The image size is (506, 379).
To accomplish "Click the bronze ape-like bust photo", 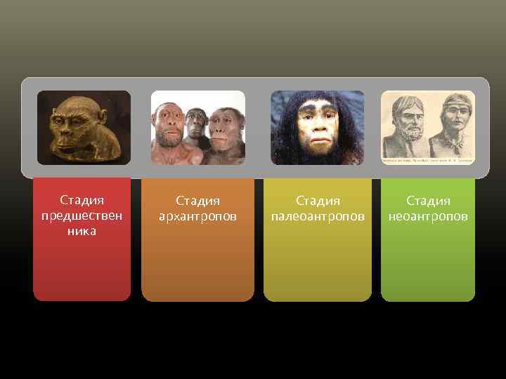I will (x=84, y=128).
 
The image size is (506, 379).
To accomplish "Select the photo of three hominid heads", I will (x=198, y=128).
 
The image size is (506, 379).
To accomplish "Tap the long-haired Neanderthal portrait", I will (x=318, y=128).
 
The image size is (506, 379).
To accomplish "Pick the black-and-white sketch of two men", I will (x=427, y=128).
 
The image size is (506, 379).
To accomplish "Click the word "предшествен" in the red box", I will (x=82, y=215).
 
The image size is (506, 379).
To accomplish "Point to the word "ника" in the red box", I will (x=82, y=230).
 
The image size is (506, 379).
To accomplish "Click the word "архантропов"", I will (x=197, y=216).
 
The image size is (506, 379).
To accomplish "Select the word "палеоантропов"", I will (x=318, y=216).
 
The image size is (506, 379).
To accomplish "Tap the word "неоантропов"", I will (x=428, y=216).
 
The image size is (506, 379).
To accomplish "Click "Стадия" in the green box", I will (x=428, y=201).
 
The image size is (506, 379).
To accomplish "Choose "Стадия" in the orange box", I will (x=197, y=201).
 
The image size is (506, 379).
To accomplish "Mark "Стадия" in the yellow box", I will (x=318, y=201).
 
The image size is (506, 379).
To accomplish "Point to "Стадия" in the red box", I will (x=82, y=201).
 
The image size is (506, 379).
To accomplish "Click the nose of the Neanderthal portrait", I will (x=317, y=130).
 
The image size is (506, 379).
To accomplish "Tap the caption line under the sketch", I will (x=427, y=161).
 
